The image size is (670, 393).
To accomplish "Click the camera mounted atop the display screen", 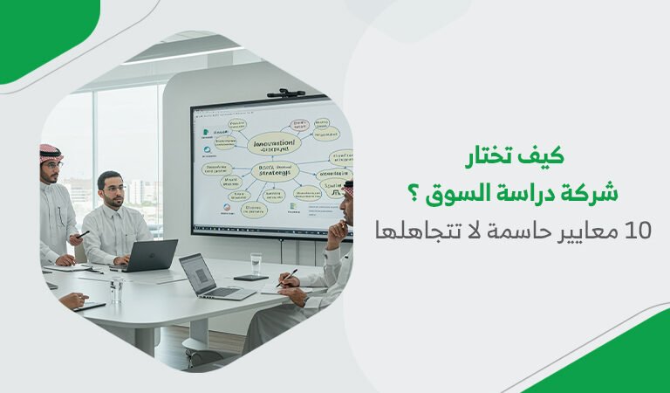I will tap(286, 92).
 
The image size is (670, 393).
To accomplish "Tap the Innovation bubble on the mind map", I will tap(271, 141).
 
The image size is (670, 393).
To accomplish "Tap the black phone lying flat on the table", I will tap(250, 279).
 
